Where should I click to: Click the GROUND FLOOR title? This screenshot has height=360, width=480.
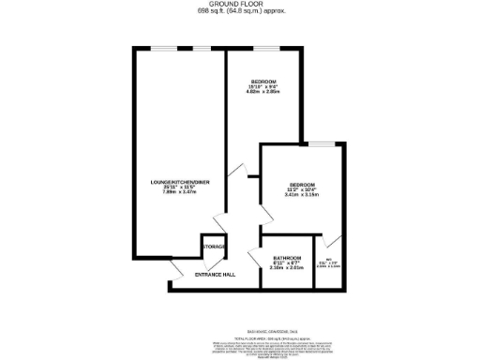(x=239, y=5)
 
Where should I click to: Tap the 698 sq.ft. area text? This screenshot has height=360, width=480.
(x=239, y=12)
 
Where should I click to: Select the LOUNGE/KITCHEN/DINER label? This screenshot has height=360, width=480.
(x=177, y=181)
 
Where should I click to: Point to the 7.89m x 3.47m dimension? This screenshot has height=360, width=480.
(x=177, y=192)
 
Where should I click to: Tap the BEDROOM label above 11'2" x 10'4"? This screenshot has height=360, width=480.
(x=302, y=183)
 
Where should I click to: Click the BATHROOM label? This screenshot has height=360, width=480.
(x=287, y=258)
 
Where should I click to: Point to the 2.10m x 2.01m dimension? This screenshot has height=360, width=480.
(x=287, y=269)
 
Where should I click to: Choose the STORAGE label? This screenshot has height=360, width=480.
(x=214, y=247)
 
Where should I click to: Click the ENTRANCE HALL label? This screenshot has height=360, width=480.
(x=215, y=274)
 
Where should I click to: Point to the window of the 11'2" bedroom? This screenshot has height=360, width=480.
(x=323, y=143)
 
